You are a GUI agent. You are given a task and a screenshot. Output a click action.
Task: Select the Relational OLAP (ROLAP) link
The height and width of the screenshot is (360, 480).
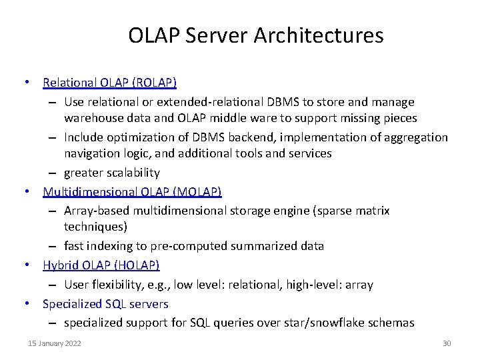109,83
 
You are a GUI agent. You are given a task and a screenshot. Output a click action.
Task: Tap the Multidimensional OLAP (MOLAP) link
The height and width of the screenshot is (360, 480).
132,192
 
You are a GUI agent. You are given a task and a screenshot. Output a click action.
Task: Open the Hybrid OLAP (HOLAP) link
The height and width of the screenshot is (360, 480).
101,265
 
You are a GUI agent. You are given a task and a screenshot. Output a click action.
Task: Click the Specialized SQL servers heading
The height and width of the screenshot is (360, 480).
105,304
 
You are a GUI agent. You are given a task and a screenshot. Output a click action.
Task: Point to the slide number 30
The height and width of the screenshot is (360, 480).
447,343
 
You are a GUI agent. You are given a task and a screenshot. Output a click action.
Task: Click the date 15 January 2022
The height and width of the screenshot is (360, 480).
55,343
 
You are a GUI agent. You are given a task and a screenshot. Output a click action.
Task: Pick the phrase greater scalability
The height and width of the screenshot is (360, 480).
112,173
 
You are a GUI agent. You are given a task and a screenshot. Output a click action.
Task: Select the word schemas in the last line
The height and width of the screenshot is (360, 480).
392,323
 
